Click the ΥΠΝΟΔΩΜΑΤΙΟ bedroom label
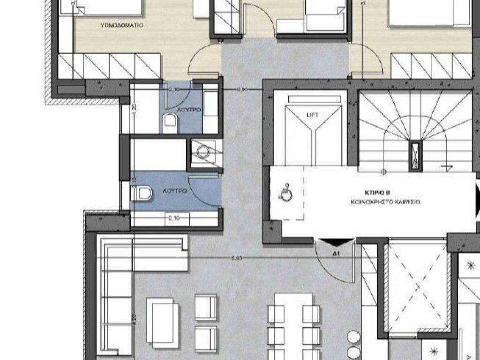[121, 24]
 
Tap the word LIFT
[312, 114]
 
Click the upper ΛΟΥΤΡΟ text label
[189, 109]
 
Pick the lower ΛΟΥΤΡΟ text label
[175, 191]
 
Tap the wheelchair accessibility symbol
[285, 193]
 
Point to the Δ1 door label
[336, 254]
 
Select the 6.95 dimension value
[242, 89]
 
